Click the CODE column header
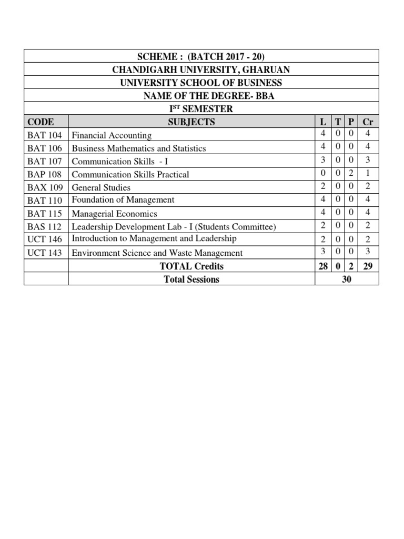coord(41,122)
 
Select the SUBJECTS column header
coord(191,122)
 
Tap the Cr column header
coord(368,122)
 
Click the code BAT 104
coord(45,135)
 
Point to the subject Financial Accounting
coord(112,135)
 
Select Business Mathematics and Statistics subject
coord(139,148)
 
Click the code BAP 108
coord(45,174)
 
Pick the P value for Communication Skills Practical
coord(350,173)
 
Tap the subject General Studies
coord(101,187)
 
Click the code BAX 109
coord(45,187)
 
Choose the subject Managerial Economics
coord(114,214)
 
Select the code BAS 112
coord(45,227)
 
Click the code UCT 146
coord(45,239)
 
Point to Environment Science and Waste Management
coord(157,253)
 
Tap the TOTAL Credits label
coord(191,266)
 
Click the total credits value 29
coord(368,266)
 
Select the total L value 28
coord(323,266)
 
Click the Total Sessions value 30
coord(347,280)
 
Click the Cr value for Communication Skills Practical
coord(368,173)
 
